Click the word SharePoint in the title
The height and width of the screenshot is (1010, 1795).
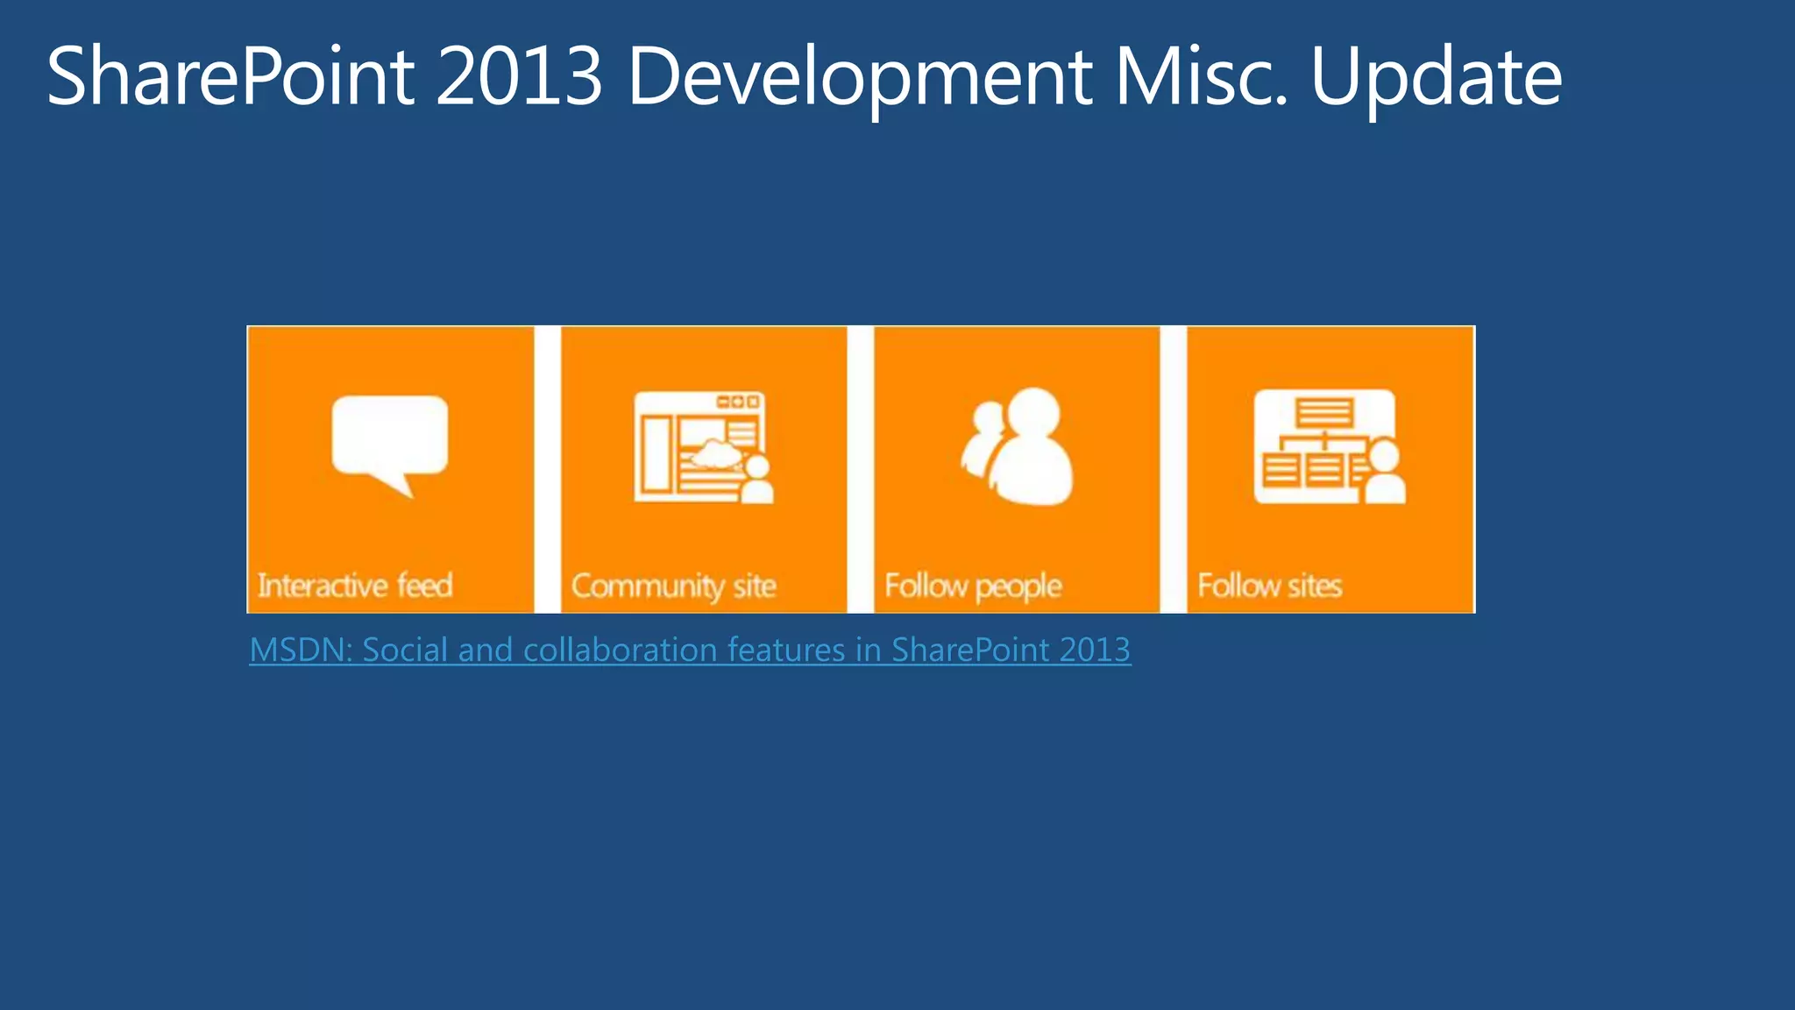[x=230, y=77]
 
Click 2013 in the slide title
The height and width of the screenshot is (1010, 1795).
[x=519, y=77]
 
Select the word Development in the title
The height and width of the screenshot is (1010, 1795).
[x=859, y=77]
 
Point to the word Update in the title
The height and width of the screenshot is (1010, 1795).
[x=1436, y=77]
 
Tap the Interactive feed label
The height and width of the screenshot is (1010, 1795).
[x=355, y=585]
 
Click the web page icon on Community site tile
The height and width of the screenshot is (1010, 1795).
[x=699, y=447]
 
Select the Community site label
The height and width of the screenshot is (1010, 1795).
[x=673, y=586]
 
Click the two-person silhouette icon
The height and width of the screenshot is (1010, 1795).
[x=1019, y=447]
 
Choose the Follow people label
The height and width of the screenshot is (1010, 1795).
[x=973, y=586]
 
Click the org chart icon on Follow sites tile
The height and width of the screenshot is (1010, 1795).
[x=1325, y=447]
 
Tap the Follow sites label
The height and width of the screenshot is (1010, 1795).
[x=1269, y=585]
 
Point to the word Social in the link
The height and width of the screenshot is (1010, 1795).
[x=405, y=650]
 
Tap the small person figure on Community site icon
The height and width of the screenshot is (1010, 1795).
[x=756, y=480]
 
